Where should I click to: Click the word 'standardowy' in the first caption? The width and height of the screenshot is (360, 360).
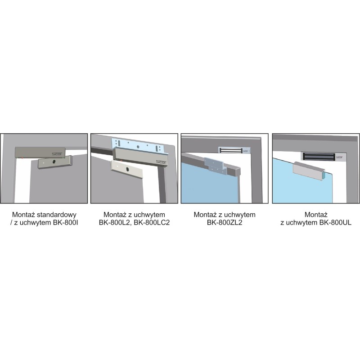click(57, 215)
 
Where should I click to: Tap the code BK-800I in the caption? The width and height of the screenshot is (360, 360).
click(65, 222)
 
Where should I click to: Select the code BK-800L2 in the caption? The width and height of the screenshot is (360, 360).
click(114, 222)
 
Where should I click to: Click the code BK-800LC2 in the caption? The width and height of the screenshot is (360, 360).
click(152, 222)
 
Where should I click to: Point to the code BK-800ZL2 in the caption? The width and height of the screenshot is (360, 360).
click(225, 222)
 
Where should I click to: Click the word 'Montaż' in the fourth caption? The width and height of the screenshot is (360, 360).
click(316, 215)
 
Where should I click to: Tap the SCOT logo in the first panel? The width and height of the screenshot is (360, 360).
click(57, 154)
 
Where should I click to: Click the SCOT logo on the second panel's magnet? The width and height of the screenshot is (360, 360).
click(161, 162)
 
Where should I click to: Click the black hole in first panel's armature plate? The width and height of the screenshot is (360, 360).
click(54, 162)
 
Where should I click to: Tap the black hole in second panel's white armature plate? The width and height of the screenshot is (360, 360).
click(127, 170)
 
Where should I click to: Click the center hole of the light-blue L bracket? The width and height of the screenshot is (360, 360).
click(139, 146)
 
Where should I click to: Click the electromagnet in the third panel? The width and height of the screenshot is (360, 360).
click(234, 151)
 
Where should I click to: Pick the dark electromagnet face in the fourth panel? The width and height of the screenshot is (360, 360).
click(319, 156)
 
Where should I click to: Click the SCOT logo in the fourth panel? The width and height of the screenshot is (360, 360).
click(339, 157)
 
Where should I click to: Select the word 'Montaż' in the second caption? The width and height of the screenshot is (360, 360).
click(115, 215)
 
